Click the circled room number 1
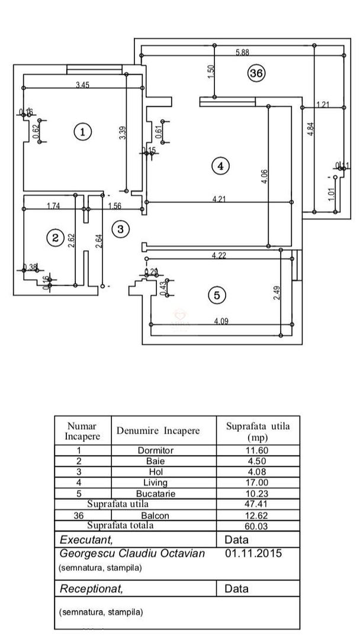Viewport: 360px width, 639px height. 82,131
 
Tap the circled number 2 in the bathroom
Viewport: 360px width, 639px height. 55,237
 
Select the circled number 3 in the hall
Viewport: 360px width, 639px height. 120,228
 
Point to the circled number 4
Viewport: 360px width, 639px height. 220,166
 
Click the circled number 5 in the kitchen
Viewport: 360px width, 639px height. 217,295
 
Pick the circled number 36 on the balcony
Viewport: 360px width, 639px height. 256,73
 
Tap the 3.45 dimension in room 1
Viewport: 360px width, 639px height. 82,86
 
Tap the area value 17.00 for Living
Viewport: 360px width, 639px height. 258,482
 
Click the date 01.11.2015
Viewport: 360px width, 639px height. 254,554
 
